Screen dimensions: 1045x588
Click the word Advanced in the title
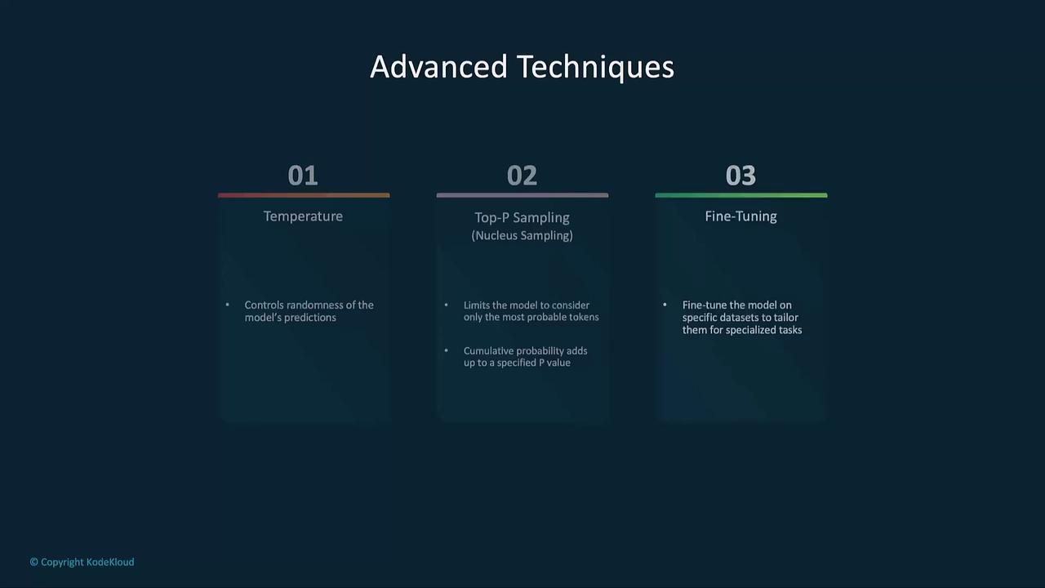[x=438, y=67]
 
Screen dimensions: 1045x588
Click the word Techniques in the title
[x=596, y=68]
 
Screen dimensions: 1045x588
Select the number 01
[x=303, y=176]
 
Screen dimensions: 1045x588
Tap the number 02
[x=522, y=176]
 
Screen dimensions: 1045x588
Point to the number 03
[x=740, y=176]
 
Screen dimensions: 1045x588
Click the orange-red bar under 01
[x=304, y=195]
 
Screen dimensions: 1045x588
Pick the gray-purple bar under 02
[x=522, y=195]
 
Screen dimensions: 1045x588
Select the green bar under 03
[x=741, y=195]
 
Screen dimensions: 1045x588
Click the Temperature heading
[x=303, y=216]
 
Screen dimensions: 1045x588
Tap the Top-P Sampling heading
[x=522, y=218]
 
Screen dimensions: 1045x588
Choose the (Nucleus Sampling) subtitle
[x=522, y=236]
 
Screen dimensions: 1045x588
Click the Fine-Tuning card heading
[x=740, y=216]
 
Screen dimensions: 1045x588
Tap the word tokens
[x=584, y=318]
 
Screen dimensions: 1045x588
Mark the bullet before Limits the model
[x=447, y=305]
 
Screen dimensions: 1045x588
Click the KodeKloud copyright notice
[x=82, y=563]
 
